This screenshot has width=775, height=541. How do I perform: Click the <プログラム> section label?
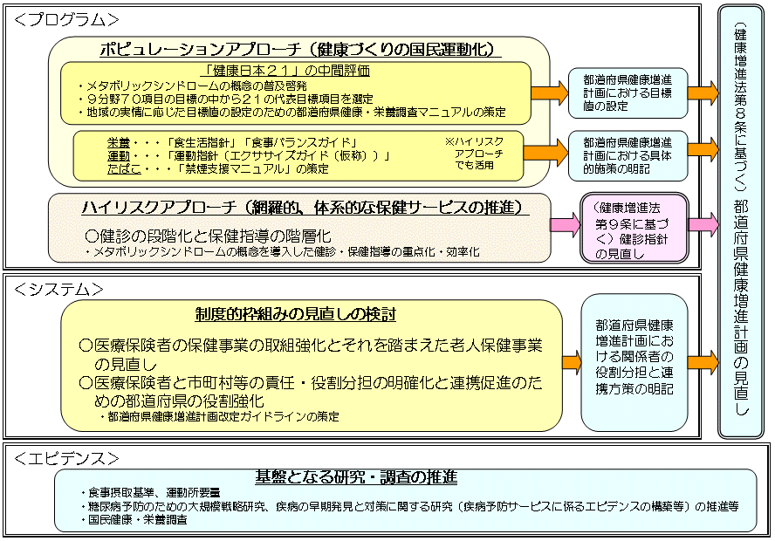pos(66,20)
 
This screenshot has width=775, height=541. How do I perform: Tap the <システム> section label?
pos(58,290)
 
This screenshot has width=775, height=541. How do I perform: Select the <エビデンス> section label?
pos(66,459)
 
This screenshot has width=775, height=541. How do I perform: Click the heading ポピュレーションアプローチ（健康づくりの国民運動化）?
pos(300,50)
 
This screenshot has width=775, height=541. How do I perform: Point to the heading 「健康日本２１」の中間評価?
pos(288,71)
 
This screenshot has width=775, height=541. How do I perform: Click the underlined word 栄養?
pos(119,143)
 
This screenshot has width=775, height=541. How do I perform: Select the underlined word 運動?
pos(119,156)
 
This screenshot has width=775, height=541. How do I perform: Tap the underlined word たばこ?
pos(124,169)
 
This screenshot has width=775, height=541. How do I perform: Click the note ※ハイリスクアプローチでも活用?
pos(474,154)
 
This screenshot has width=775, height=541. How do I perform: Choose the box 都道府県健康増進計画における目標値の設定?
pos(628,92)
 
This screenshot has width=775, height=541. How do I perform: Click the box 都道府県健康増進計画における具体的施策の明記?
pos(628,155)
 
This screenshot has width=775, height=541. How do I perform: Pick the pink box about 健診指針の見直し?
pos(634,227)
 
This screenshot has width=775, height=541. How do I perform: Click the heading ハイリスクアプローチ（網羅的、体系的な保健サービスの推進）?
pos(305,208)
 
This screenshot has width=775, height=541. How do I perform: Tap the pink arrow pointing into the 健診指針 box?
pos(565,224)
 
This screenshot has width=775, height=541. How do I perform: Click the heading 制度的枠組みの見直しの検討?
pos(295,314)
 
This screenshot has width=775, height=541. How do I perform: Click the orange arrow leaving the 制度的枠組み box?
pos(572,362)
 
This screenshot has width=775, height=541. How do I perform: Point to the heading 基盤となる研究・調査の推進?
pos(356,476)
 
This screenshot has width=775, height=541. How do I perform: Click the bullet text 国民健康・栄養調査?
pos(134,520)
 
